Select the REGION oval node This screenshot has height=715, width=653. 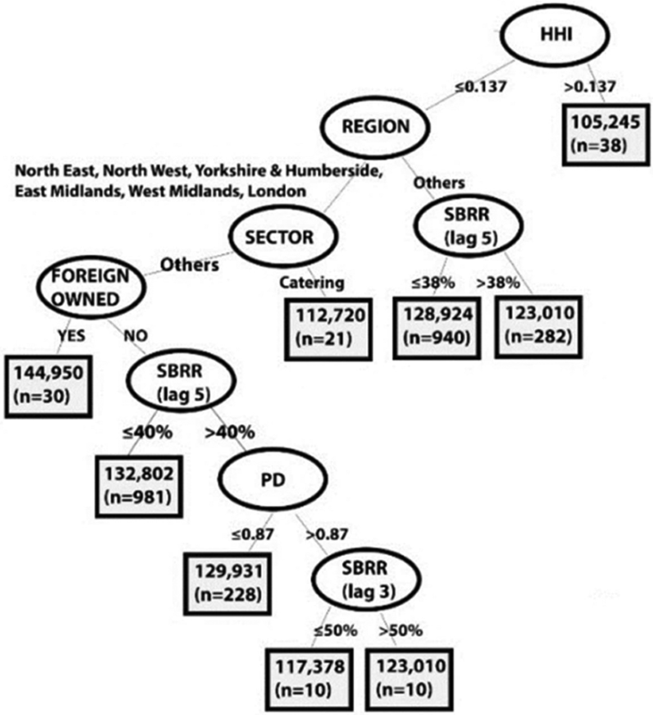(x=375, y=127)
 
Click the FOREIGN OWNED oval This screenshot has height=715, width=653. (x=90, y=287)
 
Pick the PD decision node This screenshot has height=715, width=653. (x=273, y=479)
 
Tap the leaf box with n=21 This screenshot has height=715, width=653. (x=328, y=329)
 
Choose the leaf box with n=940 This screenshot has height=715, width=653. (x=437, y=326)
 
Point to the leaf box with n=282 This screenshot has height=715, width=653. (x=539, y=325)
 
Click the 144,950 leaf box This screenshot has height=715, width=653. (x=48, y=385)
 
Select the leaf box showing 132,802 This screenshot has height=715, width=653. (x=139, y=485)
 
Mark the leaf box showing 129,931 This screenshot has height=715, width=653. (x=227, y=583)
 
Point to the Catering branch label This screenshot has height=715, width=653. (x=312, y=283)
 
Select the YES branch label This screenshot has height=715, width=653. (x=71, y=335)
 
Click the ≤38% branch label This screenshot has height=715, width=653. (x=433, y=283)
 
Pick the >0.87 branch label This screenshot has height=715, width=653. (x=326, y=534)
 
